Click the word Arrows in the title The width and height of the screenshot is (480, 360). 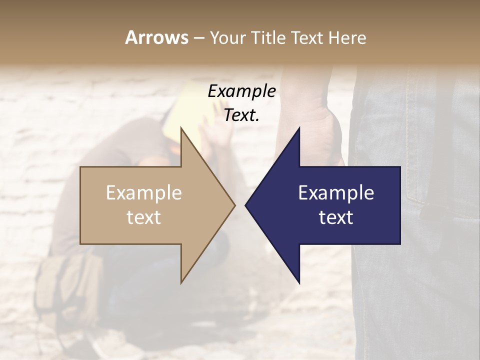pos(156,37)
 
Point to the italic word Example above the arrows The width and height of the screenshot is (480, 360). pos(241,91)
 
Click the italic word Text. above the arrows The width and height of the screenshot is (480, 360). pos(241,115)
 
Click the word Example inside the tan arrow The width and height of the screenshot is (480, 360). pos(144,193)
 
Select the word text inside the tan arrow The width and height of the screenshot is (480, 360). pos(144,217)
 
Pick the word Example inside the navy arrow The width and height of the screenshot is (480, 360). pos(336,193)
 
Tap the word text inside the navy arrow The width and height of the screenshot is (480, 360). pos(336,217)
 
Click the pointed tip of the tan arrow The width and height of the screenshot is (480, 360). pos(234,205)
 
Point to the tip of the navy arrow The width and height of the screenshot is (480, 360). pos(246,205)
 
